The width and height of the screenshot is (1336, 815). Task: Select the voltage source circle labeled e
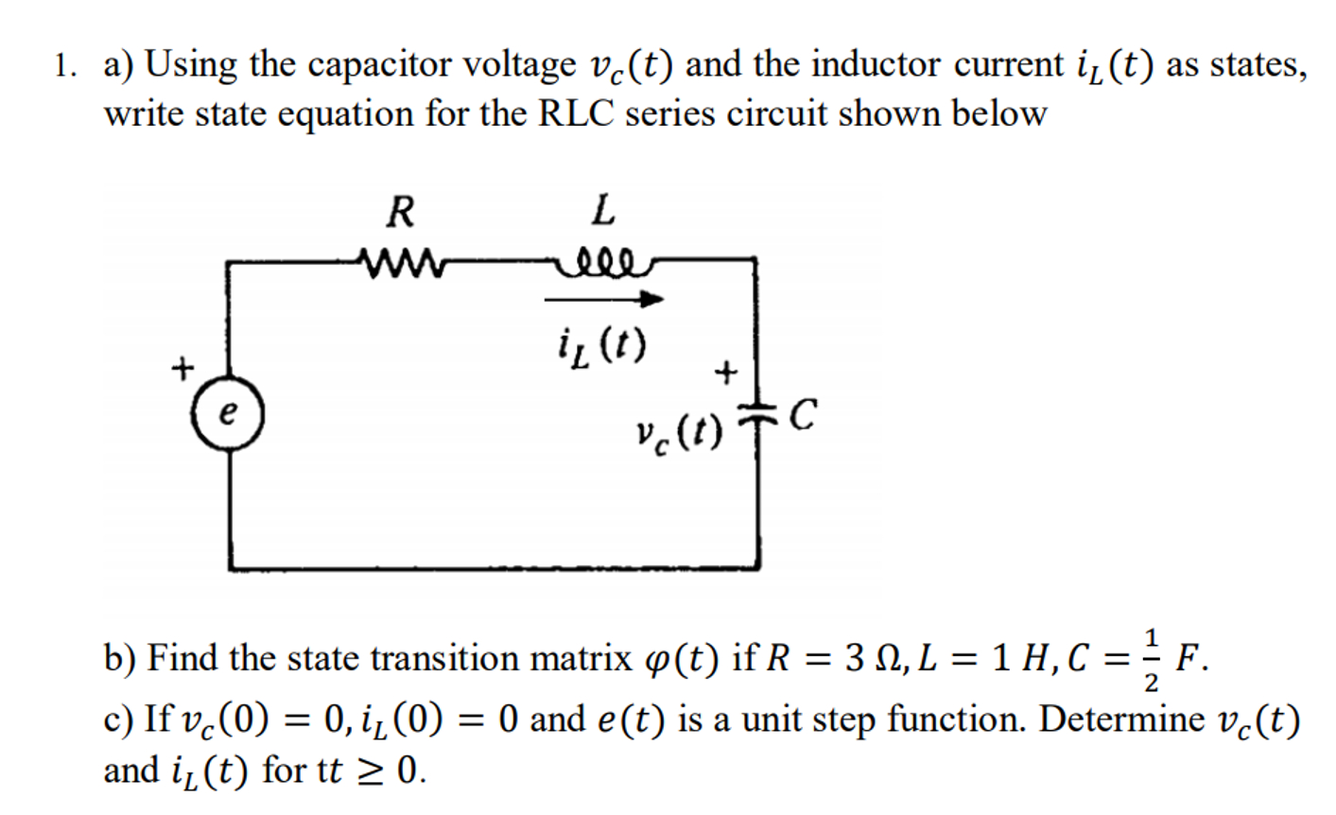pyautogui.click(x=227, y=417)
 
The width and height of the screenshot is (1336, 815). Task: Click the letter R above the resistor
pyautogui.click(x=400, y=212)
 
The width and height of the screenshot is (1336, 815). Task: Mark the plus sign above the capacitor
pyautogui.click(x=725, y=373)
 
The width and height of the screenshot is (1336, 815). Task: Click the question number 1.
pyautogui.click(x=62, y=66)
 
